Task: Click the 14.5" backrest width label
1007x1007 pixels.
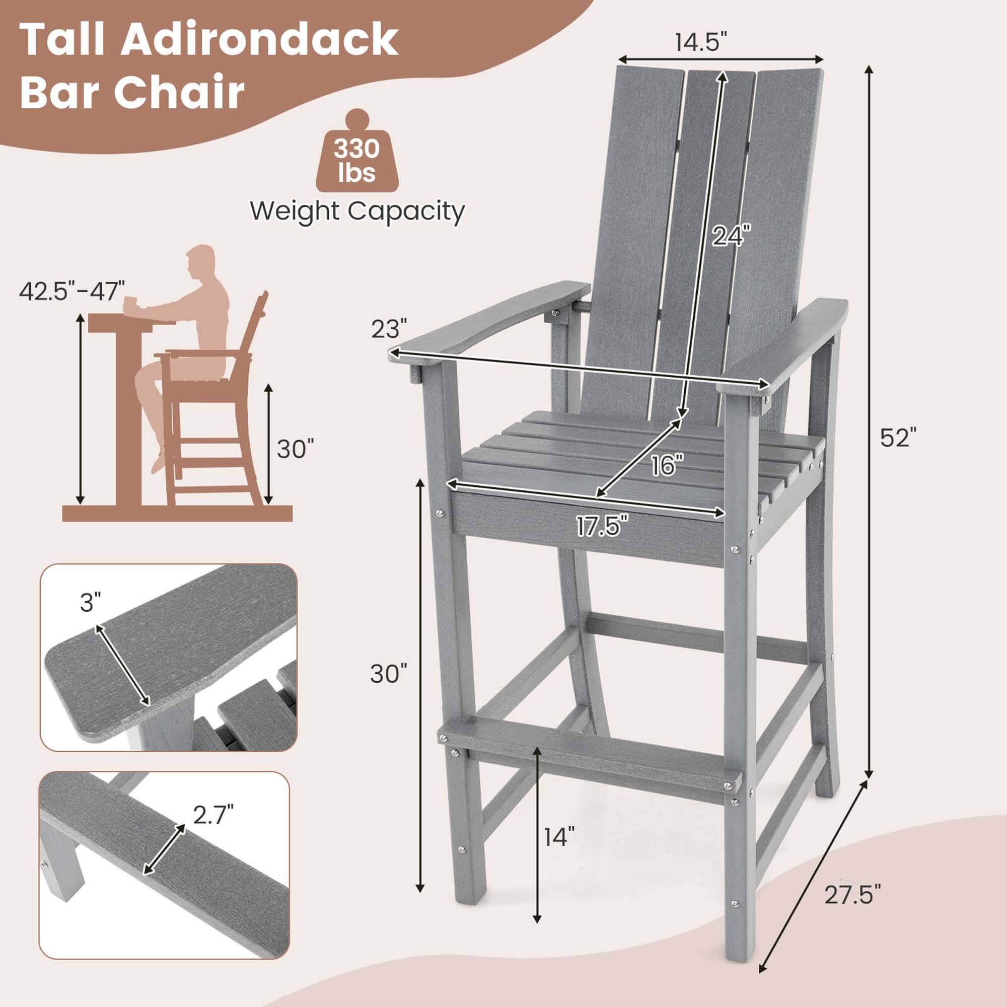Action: click(x=700, y=42)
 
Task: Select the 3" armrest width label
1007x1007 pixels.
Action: click(x=90, y=604)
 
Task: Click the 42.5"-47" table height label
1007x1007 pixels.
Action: click(x=73, y=291)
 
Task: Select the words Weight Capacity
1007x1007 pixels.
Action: click(x=357, y=211)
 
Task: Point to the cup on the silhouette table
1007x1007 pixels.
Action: click(x=129, y=303)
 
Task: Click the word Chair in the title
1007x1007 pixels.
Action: click(x=179, y=92)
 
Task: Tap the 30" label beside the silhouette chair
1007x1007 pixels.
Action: click(x=296, y=449)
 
